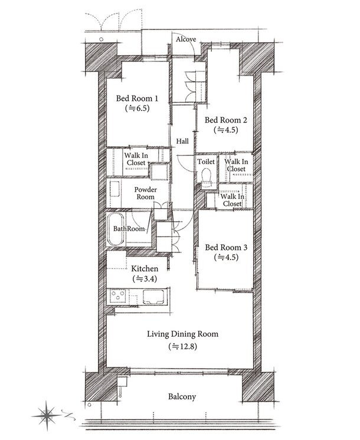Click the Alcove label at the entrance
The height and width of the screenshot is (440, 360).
coord(186,40)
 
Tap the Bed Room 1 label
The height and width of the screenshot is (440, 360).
coord(137,98)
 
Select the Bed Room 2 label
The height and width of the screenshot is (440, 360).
coord(226,120)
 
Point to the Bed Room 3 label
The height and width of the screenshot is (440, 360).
coord(226,248)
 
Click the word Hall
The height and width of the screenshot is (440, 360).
coord(182,141)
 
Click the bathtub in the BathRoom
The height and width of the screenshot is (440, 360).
coord(116,228)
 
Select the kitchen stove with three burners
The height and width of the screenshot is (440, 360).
coord(118,296)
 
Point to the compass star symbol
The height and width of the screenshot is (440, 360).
coord(47,415)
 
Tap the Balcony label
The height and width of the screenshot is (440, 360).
coord(182,396)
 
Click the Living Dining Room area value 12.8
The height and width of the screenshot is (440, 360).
coord(182,347)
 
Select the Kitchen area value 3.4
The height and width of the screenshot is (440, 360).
coord(145,279)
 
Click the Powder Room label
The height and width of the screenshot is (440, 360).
coord(145,193)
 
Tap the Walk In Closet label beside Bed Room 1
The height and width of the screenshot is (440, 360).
coord(136,159)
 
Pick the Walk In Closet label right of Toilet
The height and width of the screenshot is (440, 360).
coord(236,165)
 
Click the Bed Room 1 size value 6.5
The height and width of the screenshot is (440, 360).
coord(137,108)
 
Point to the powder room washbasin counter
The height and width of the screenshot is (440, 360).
coord(114,189)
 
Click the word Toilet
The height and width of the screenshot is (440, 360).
coord(206,162)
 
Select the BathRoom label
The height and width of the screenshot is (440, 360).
coord(129,229)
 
